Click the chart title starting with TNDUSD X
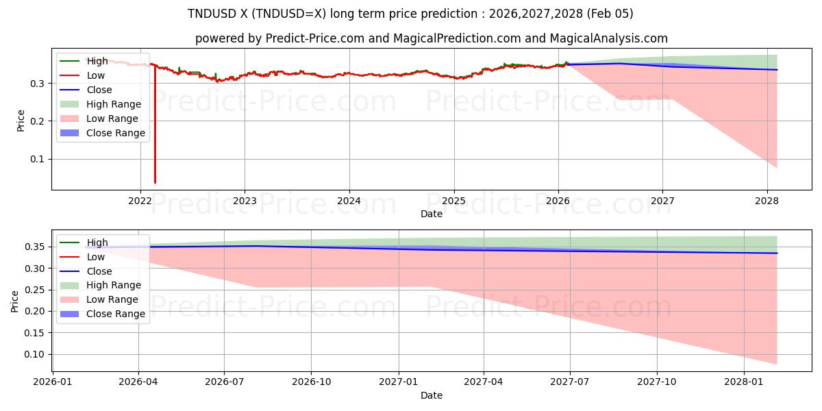pyautogui.click(x=410, y=14)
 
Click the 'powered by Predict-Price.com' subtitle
pyautogui.click(x=431, y=38)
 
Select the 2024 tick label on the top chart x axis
pyautogui.click(x=349, y=201)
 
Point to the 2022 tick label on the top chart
pyautogui.click(x=140, y=201)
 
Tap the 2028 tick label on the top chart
pyautogui.click(x=767, y=201)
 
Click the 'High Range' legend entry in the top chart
pyautogui.click(x=114, y=104)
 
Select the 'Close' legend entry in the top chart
pyautogui.click(x=99, y=90)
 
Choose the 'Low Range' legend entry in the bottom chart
pyautogui.click(x=112, y=299)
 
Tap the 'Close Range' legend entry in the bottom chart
pyautogui.click(x=116, y=314)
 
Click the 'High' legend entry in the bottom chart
pyautogui.click(x=97, y=242)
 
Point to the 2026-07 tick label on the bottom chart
pyautogui.click(x=225, y=382)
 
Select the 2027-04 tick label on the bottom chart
pyautogui.click(x=484, y=382)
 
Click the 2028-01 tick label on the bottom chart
pyautogui.click(x=744, y=382)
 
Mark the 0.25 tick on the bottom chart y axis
pyautogui.click(x=37, y=290)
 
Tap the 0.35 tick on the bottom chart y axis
pyautogui.click(x=37, y=247)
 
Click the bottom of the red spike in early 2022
pyautogui.click(x=155, y=182)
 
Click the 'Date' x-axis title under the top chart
pyautogui.click(x=432, y=214)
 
